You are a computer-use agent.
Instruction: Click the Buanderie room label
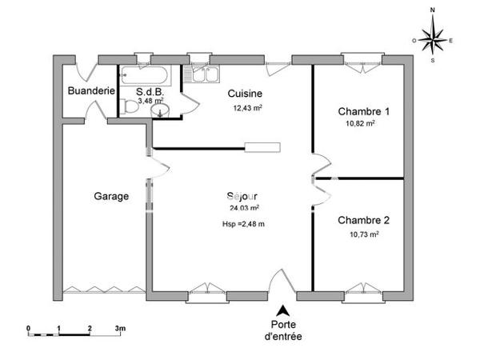pos(90,90)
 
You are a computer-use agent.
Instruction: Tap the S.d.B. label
pos(150,91)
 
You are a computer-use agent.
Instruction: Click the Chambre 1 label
pos(364,111)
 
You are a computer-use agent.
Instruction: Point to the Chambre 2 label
pos(364,220)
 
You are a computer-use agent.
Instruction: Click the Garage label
pos(111,195)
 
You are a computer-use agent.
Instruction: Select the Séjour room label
pos(242,196)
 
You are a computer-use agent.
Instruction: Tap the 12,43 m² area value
pos(248,108)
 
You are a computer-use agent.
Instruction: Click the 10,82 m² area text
pos(361,124)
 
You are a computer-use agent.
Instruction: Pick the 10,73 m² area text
pos(364,234)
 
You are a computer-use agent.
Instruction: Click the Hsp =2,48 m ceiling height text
pos(243,224)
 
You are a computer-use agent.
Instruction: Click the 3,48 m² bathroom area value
pos(150,102)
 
